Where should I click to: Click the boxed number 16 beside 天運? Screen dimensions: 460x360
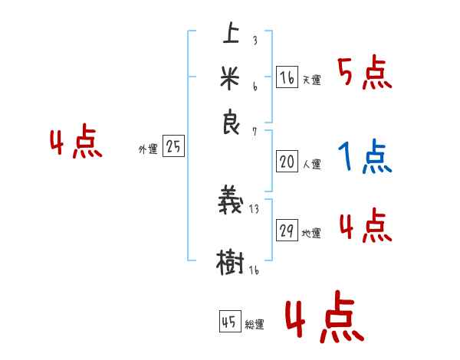(287, 77)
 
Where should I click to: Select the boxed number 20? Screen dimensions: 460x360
(287, 162)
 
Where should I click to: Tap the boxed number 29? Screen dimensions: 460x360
(287, 231)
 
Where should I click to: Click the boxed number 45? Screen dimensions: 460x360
(229, 322)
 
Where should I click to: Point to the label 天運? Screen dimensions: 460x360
(311, 80)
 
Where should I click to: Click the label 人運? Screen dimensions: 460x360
(311, 164)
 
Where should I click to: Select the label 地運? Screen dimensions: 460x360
(311, 234)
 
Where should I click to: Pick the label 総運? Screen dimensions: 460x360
(255, 325)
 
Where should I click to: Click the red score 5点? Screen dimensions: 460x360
(365, 74)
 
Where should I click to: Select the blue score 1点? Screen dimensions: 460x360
(365, 158)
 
